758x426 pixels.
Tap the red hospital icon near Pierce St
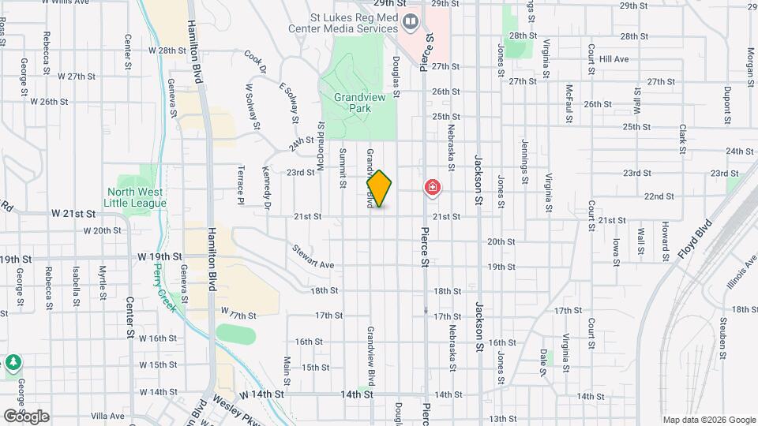(433, 188)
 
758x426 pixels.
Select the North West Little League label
(137, 197)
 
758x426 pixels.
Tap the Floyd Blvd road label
(695, 241)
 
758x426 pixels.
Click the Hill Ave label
(614, 59)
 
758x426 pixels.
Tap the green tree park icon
(13, 363)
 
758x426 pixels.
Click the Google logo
(27, 416)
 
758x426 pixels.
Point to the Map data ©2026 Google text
(707, 420)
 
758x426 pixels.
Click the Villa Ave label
(107, 416)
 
